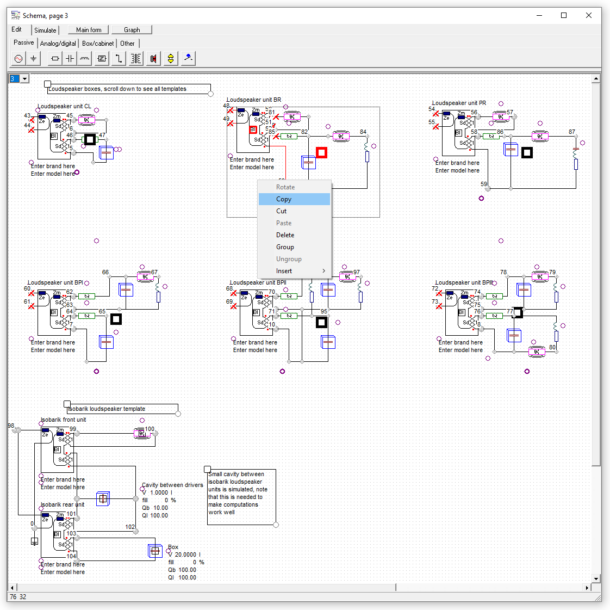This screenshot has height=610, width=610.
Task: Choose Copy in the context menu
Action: tap(284, 199)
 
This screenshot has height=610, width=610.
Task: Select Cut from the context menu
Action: tap(281, 211)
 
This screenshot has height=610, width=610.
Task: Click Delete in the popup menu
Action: tap(285, 235)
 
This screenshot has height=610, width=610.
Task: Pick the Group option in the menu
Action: tap(285, 247)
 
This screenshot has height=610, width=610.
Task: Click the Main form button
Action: tap(89, 30)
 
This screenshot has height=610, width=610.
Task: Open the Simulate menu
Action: tap(45, 30)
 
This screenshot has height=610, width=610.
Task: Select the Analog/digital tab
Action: tap(58, 44)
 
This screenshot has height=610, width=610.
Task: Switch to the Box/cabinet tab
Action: tap(98, 44)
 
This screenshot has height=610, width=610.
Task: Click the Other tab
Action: tap(127, 44)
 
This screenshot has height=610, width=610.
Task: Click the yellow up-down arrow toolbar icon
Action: tap(171, 59)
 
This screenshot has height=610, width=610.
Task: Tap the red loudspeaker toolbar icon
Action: tap(153, 59)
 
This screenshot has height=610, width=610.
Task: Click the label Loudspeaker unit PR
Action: tap(459, 103)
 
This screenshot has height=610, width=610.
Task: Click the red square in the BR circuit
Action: tap(321, 153)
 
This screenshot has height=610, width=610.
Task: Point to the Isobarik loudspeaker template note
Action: tap(107, 409)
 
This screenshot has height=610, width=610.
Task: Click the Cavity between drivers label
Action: tap(172, 485)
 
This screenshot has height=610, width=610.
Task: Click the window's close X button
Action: tap(589, 15)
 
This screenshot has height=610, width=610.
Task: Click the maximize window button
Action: tap(564, 15)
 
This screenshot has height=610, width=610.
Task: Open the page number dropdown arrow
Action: tap(24, 79)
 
